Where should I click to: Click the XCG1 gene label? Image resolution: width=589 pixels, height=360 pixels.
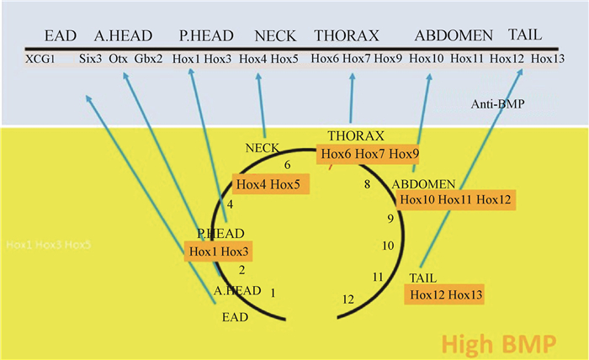[x=40, y=59]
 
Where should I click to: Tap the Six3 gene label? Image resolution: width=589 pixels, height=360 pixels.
[x=89, y=59]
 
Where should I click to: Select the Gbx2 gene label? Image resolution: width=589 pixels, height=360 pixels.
[x=149, y=59]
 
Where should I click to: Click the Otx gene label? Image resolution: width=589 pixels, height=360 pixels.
[x=118, y=59]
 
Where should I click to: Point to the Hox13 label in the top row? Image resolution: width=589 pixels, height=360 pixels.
[x=548, y=59]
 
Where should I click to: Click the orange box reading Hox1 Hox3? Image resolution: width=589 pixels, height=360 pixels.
[x=219, y=251]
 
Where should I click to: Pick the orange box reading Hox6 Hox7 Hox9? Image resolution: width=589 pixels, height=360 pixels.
[x=368, y=153]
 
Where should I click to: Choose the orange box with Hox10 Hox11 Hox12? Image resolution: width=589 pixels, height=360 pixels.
[x=455, y=199]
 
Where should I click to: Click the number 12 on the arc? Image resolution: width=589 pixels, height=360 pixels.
[x=348, y=299]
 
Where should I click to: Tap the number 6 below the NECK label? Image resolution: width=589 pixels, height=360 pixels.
[x=288, y=165]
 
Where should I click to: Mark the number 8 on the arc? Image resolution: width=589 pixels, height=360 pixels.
[x=367, y=184]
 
